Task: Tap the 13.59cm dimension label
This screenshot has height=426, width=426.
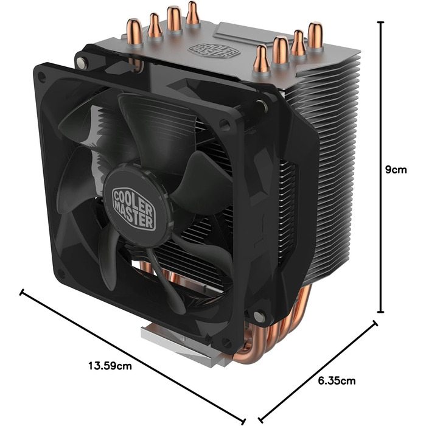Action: [x=110, y=366]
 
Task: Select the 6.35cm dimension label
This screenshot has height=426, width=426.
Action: [x=336, y=382]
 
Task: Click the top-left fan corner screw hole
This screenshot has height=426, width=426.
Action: [x=42, y=76]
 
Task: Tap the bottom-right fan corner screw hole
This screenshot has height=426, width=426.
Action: [x=259, y=316]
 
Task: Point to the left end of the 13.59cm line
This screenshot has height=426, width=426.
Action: [x=23, y=293]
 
